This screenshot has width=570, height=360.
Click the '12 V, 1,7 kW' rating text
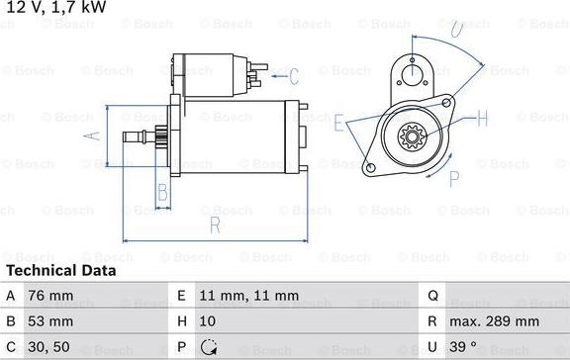click(56, 7)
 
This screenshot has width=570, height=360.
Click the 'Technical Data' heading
click(61, 271)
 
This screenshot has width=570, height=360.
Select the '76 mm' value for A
click(50, 296)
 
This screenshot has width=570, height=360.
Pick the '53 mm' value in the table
click(50, 321)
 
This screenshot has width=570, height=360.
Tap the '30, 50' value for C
click(48, 347)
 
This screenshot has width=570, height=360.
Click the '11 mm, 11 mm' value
click(249, 296)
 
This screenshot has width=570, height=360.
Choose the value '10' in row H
click(207, 321)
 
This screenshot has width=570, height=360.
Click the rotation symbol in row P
click(209, 347)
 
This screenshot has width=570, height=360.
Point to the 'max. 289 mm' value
click(495, 321)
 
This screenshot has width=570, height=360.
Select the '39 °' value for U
click(463, 347)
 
